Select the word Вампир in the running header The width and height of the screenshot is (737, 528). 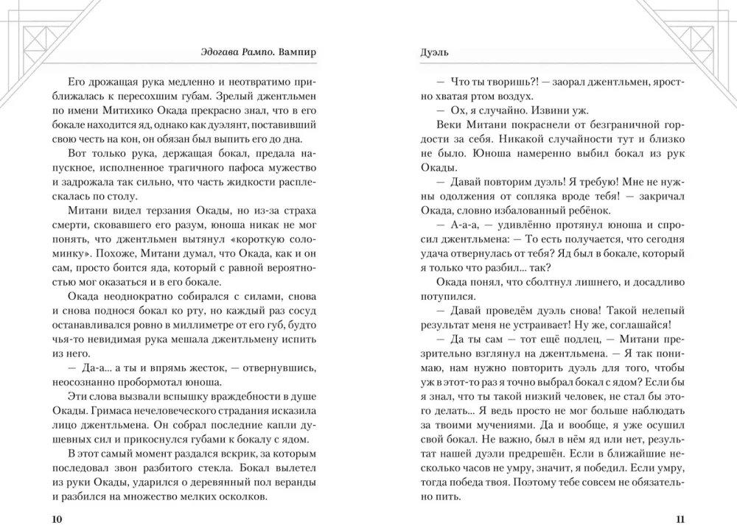pyautogui.click(x=305, y=54)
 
